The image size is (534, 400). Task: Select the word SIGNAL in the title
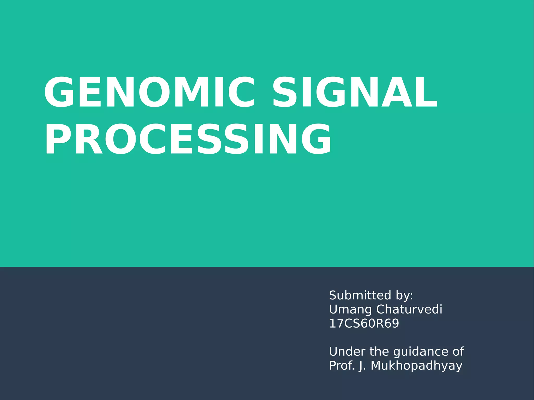click(x=355, y=92)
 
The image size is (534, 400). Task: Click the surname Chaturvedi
click(x=409, y=309)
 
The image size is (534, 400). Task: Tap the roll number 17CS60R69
click(x=364, y=323)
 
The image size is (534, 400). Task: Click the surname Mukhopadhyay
click(x=416, y=366)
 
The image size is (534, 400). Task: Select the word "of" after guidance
click(x=458, y=351)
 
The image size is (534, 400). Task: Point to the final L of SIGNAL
click(x=428, y=92)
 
